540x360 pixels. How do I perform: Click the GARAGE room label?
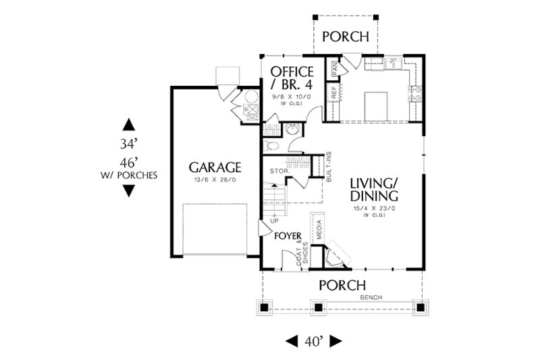click(x=214, y=167)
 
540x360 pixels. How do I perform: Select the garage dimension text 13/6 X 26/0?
click(x=214, y=180)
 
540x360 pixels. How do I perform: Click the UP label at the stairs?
click(x=274, y=221)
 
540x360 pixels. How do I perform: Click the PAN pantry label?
click(x=333, y=68)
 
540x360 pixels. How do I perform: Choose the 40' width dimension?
click(x=313, y=340)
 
